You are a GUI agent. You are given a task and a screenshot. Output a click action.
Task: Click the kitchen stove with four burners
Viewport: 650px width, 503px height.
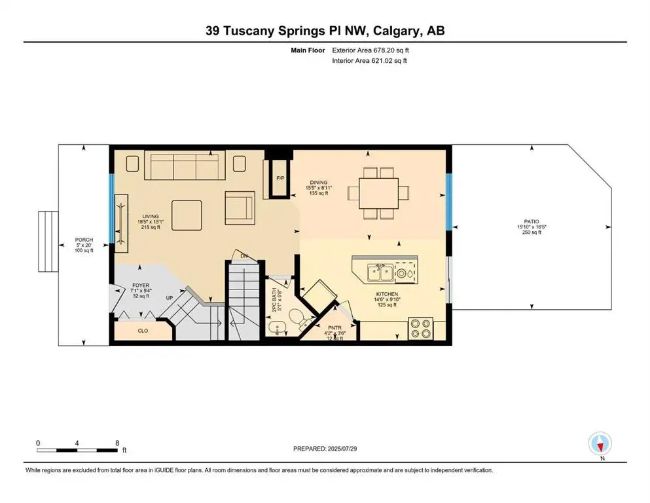tap(419, 327)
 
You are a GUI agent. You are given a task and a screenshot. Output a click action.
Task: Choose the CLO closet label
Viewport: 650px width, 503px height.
tap(143, 331)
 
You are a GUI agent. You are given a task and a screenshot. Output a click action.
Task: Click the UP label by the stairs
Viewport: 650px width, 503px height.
tap(168, 297)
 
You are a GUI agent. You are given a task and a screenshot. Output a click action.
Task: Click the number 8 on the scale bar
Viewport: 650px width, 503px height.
tap(117, 443)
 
